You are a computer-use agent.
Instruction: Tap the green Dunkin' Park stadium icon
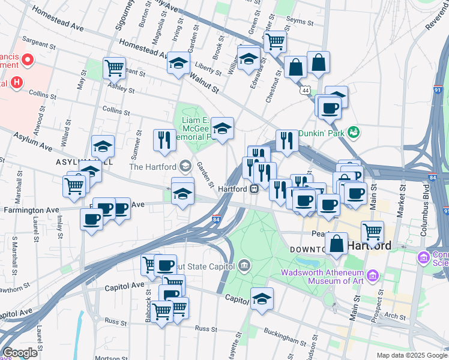pos(354,131)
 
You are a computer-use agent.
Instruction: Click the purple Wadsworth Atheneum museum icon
pos(373,276)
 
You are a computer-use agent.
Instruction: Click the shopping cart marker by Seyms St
pos(275,41)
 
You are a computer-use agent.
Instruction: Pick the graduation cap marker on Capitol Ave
pos(262,298)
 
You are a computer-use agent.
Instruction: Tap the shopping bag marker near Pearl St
pos(337,243)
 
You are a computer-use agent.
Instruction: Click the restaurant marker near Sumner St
pos(164,140)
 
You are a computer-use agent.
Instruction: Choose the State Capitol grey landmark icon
pos(244,265)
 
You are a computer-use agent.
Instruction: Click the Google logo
pos(20,353)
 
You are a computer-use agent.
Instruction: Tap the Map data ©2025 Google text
pos(411,355)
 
